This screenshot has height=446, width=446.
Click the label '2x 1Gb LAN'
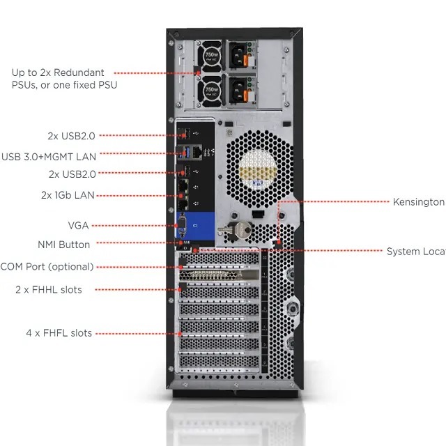point(68,195)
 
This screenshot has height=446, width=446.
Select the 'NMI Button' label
point(63,245)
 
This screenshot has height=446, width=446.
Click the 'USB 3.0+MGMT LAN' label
point(49,156)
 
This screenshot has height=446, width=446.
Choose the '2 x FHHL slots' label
point(49,289)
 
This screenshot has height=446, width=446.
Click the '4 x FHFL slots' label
point(59,333)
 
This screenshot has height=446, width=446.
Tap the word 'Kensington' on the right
point(418,202)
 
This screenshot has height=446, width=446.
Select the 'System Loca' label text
point(415,252)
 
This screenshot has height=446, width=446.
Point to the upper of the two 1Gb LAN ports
point(183,186)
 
